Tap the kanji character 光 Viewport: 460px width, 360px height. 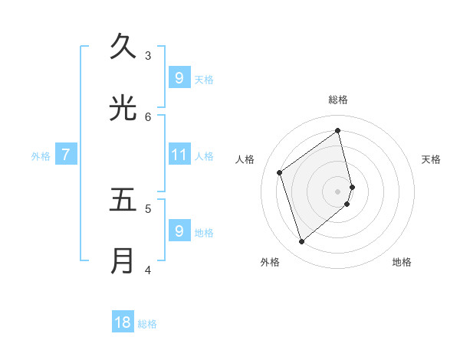pyautogui.click(x=123, y=108)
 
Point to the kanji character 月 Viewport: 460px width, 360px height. pyautogui.click(x=123, y=261)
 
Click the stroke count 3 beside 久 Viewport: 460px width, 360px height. pyautogui.click(x=148, y=55)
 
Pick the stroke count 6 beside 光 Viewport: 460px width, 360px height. pyautogui.click(x=148, y=116)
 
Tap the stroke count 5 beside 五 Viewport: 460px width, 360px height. pyautogui.click(x=148, y=208)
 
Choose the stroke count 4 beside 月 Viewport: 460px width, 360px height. pyautogui.click(x=148, y=270)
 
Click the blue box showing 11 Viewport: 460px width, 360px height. pyautogui.click(x=179, y=155)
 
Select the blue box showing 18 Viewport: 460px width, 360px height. pyautogui.click(x=123, y=322)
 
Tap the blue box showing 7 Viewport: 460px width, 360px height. pyautogui.click(x=66, y=155)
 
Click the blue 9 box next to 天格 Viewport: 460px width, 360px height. pyautogui.click(x=179, y=77)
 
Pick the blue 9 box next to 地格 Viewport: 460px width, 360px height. pyautogui.click(x=179, y=231)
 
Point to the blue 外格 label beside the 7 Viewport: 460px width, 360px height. pyautogui.click(x=41, y=156)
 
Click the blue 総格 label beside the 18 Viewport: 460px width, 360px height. pyautogui.click(x=147, y=324)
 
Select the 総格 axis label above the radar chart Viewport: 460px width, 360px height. pyautogui.click(x=338, y=100)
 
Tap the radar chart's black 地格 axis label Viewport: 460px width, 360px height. pyautogui.click(x=402, y=262)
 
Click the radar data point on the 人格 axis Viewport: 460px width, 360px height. pyautogui.click(x=280, y=172)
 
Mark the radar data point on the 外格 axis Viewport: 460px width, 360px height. pyautogui.click(x=301, y=242)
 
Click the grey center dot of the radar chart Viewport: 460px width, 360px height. pyautogui.click(x=338, y=191)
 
